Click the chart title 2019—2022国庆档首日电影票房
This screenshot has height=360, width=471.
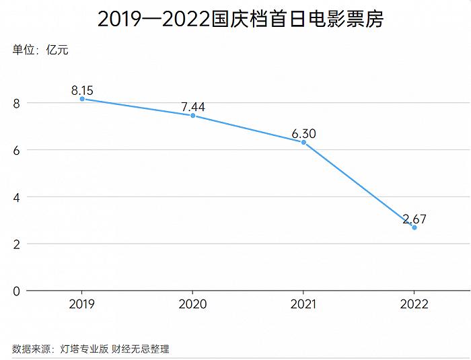240,19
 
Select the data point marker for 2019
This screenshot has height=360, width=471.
82,99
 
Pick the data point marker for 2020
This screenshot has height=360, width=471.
193,116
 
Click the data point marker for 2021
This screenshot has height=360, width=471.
303,142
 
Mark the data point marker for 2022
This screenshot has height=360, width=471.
414,227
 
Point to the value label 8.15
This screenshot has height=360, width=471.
82,89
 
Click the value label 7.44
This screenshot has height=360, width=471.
193,106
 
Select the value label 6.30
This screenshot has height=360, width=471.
303,133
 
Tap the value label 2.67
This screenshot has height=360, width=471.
414,219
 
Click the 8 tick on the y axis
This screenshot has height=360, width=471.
15,103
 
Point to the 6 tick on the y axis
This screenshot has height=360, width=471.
15,150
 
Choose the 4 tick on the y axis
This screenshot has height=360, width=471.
15,197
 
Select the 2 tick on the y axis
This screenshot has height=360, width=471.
15,244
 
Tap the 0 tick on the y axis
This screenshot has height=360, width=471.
15,291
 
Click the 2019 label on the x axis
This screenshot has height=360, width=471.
82,304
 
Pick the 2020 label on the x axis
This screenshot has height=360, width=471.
193,304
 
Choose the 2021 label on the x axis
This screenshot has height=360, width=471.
303,304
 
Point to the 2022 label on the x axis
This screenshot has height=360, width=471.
414,304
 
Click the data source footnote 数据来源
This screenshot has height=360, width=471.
91,349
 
